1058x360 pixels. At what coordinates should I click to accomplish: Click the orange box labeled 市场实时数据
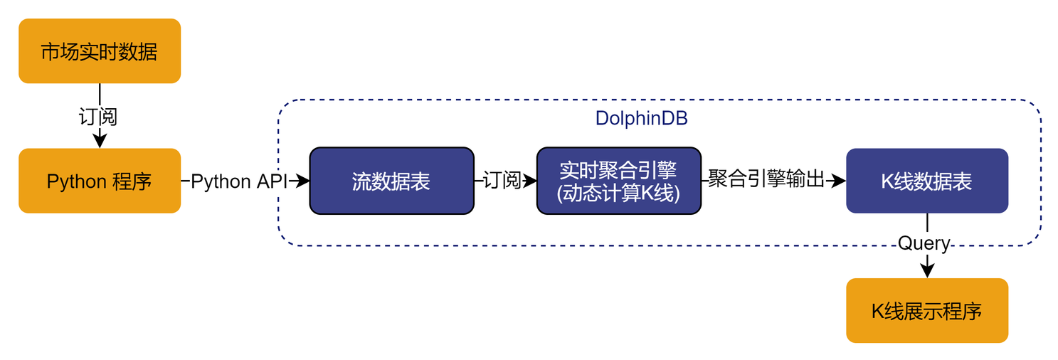point(100,51)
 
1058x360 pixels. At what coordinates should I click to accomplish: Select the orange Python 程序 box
point(100,181)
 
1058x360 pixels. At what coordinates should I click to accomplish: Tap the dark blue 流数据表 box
point(391,181)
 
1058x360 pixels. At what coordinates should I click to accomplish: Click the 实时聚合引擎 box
point(618,181)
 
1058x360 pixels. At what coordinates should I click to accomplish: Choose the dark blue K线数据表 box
point(926,181)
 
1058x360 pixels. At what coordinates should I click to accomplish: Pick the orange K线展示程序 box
point(926,310)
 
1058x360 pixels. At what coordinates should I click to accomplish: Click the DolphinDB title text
point(641,119)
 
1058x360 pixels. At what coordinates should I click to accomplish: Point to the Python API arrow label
point(238,181)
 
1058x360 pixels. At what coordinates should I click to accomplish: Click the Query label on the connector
point(924,243)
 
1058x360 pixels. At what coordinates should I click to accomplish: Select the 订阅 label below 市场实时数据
point(98,116)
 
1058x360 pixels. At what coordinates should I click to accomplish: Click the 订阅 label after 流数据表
point(502,181)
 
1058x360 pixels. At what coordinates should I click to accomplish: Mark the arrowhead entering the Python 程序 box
point(100,141)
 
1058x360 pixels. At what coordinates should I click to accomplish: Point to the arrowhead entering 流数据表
point(302,181)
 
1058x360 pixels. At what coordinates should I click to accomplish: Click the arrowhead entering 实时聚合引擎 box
point(530,181)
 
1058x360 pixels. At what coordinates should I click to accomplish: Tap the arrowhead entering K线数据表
point(839,181)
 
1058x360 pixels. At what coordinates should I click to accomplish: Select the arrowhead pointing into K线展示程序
point(926,270)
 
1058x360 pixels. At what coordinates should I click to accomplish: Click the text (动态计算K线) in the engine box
point(618,193)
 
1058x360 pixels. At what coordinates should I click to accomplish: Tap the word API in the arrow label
point(270,181)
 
